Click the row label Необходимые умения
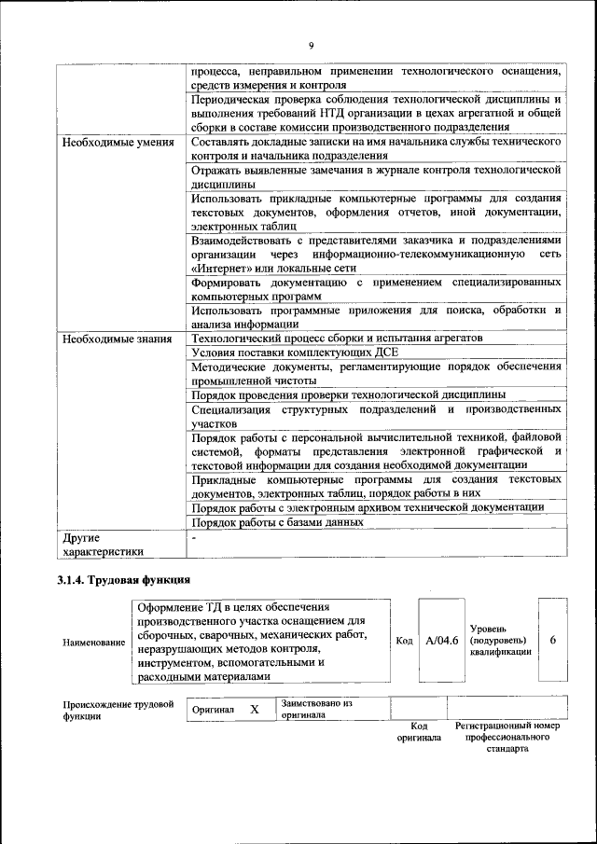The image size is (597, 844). [x=118, y=143]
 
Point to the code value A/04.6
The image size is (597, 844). [x=440, y=641]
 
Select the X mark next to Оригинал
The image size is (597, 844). [x=254, y=709]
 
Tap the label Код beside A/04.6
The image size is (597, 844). [x=404, y=641]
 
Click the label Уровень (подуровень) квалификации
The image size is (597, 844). [x=501, y=640]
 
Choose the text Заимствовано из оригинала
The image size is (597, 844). [x=316, y=709]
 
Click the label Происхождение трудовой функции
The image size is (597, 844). [x=118, y=711]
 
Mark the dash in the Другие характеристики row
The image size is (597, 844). [x=194, y=538]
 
